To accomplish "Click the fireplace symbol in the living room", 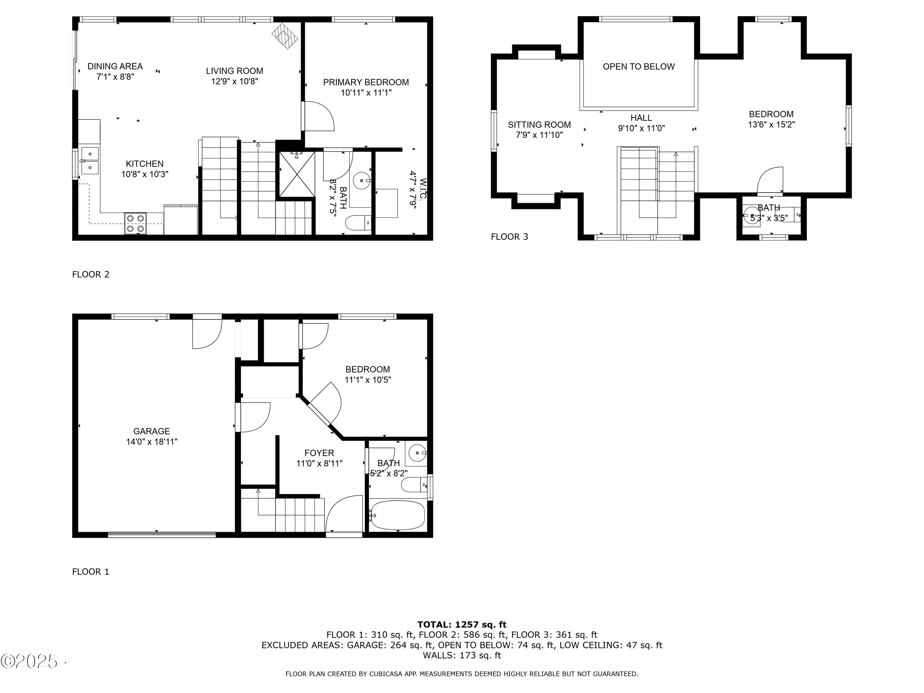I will (285, 36).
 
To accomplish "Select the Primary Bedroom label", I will (366, 82).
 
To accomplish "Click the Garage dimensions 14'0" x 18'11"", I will (152, 442).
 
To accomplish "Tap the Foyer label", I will (319, 453).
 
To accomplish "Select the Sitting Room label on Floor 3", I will (539, 124).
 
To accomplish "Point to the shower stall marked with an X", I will (297, 174).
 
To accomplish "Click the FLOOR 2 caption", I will (91, 274).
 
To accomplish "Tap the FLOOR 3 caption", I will (509, 237).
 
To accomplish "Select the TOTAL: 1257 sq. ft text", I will (462, 625).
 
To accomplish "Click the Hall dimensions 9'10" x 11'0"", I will (641, 128).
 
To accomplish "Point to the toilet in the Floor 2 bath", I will (358, 223).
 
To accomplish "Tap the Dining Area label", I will (115, 66).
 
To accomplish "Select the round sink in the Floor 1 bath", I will (417, 453).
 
